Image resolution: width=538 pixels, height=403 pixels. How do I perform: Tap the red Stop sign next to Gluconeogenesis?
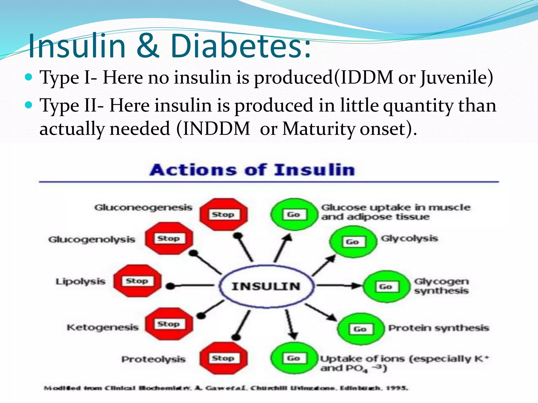tap(223, 214)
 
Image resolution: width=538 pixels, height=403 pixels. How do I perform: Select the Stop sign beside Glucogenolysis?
tap(169, 238)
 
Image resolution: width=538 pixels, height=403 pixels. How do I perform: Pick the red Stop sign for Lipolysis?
tap(137, 281)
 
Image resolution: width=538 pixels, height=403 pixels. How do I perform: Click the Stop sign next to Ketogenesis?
tap(169, 324)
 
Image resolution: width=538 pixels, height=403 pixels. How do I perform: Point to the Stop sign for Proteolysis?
tap(223, 358)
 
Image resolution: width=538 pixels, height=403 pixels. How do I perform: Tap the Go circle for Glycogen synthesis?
tap(386, 287)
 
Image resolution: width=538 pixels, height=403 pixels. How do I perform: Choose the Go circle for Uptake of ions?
tap(294, 358)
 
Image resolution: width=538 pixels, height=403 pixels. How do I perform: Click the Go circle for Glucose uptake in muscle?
tap(294, 214)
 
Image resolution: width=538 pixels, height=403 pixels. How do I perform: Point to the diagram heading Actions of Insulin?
tap(252, 170)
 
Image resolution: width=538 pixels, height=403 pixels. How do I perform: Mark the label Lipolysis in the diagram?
tap(80, 281)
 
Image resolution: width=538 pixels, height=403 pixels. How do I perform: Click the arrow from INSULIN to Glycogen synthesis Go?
tap(339, 285)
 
